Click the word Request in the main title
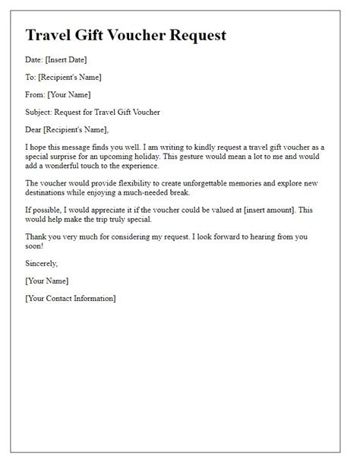tap(193, 35)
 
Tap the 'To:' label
tap(33, 77)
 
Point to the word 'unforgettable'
tap(224, 182)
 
